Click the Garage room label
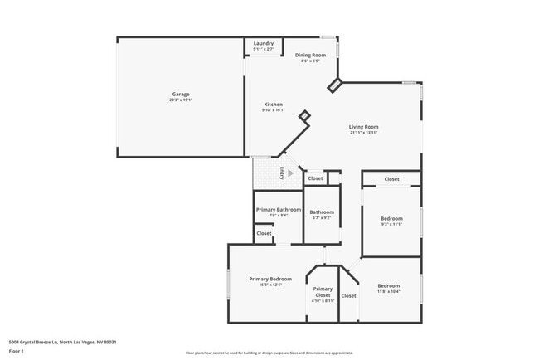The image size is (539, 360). pos(180,94)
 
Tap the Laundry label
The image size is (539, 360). pos(264,43)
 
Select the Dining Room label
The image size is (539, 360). pos(311,55)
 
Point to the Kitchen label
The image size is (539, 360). pos(273,105)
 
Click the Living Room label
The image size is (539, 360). pos(364,127)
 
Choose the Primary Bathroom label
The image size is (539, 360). pos(278,210)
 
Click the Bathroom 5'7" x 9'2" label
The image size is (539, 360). pos(322,212)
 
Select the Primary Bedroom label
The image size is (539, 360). pos(270,279)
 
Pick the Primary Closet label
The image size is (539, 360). pos(323,291)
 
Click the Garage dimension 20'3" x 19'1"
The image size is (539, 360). pos(180,100)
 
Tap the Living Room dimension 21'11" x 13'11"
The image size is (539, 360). pos(364,133)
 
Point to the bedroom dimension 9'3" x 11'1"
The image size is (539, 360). pos(391,224)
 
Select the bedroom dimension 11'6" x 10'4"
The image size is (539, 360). pos(389,291)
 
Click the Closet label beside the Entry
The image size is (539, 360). pos(315,178)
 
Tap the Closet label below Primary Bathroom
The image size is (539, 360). pos(264,233)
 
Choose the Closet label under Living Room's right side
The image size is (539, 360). pos(391,179)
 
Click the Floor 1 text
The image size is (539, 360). pos(17,351)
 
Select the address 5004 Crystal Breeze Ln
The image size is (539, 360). pos(61,342)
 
